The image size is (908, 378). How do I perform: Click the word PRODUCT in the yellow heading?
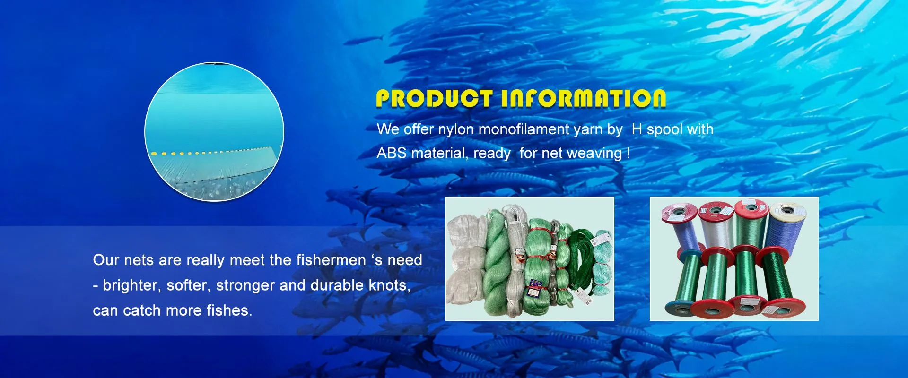point(435,99)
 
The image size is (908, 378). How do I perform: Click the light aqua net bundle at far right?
point(602,262)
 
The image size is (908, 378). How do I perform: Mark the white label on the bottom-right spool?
point(770,310)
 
